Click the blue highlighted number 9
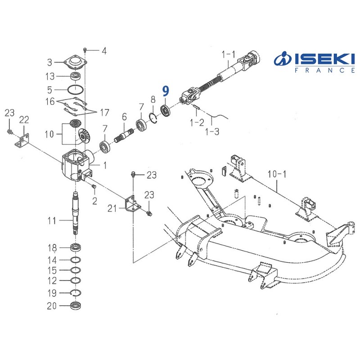tap(166, 91)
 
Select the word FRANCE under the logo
tap(325, 70)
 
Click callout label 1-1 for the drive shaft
tap(229, 54)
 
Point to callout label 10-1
tap(277, 174)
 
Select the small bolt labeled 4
tap(85, 49)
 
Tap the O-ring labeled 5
tap(75, 90)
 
